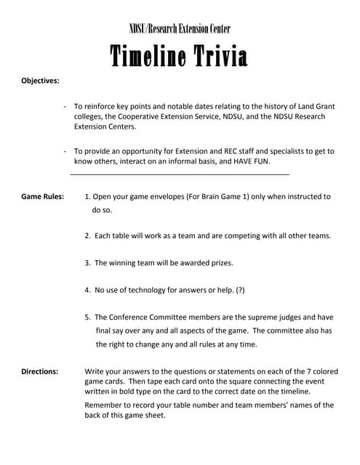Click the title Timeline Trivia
(x=179, y=56)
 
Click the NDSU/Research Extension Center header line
(x=180, y=28)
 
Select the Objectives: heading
(x=40, y=81)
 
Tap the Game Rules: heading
(x=42, y=196)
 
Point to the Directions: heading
(x=39, y=371)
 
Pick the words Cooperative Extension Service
(x=167, y=116)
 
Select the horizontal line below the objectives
(x=180, y=174)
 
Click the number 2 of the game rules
(x=87, y=236)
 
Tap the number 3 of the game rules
(x=87, y=262)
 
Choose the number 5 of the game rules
(x=87, y=317)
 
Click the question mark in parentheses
(x=240, y=290)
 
